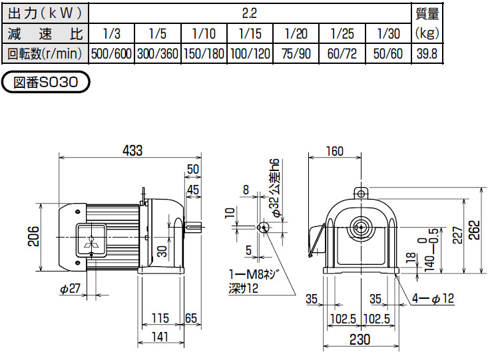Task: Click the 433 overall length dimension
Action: [x=132, y=151]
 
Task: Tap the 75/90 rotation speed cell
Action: [x=294, y=54]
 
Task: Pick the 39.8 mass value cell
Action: [x=425, y=54]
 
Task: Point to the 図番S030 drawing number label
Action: [x=46, y=82]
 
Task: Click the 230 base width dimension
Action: [x=360, y=339]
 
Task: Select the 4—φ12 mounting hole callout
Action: [x=433, y=299]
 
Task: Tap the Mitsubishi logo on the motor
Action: [x=90, y=243]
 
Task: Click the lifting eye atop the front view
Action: [x=361, y=194]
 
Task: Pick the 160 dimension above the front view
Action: [x=334, y=151]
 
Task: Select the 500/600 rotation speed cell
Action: [x=111, y=54]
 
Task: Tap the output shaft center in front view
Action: [x=361, y=226]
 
